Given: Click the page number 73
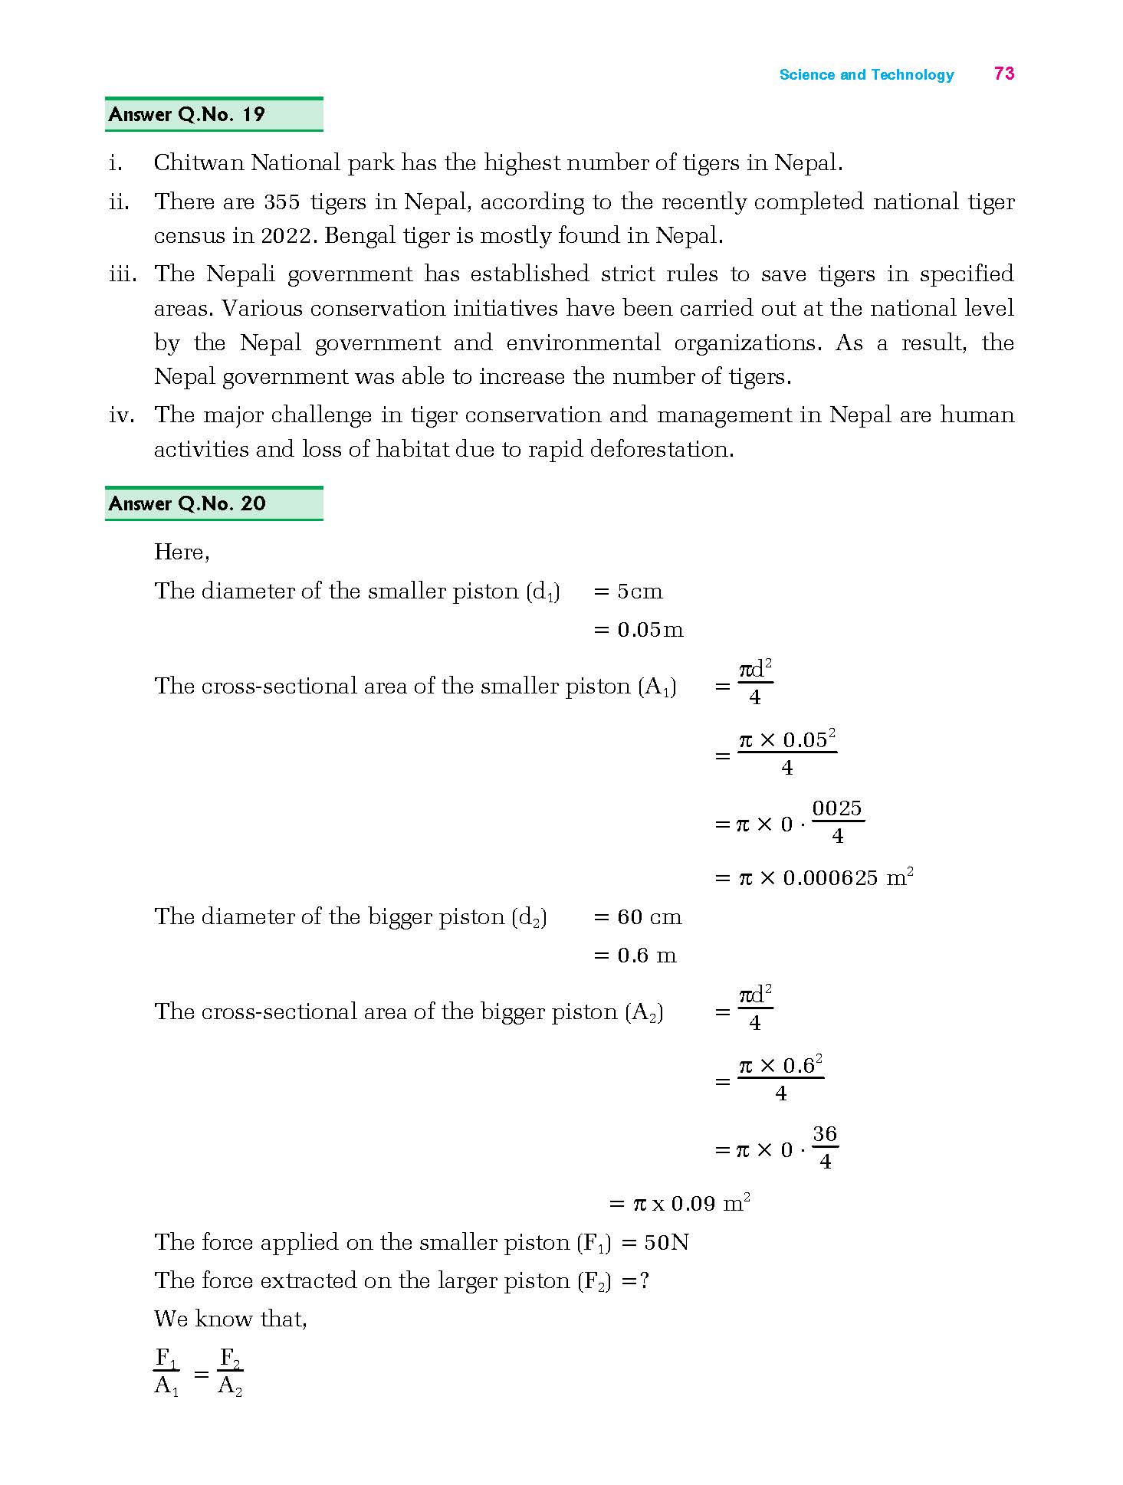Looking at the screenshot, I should tap(1004, 74).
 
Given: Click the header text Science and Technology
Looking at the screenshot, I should tap(866, 75).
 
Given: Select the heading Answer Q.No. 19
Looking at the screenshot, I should tap(186, 115).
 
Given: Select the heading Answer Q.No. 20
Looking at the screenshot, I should tap(187, 503).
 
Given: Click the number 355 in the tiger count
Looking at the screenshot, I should tap(282, 202).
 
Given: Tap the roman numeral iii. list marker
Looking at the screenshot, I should tap(123, 274).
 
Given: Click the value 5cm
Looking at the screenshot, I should tap(640, 592).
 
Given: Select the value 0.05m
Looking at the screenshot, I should tap(650, 630).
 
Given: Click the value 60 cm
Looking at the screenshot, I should tap(649, 917).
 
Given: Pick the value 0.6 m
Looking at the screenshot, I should tap(647, 956).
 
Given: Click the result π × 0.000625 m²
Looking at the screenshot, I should tap(825, 877).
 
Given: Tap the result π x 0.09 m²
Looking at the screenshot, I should tap(690, 1203).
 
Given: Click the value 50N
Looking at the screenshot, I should tap(666, 1242).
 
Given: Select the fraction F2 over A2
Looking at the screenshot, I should tap(230, 1372).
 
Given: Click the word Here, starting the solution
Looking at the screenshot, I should tap(182, 552).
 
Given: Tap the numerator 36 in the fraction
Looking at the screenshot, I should tap(824, 1135).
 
